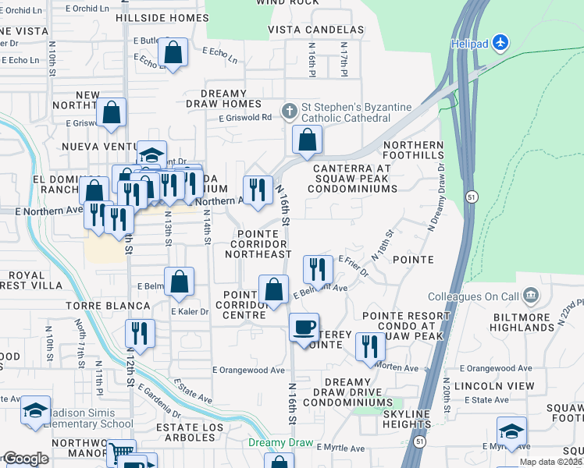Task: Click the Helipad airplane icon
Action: point(500,41)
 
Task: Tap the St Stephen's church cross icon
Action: point(289,110)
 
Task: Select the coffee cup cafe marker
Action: point(304,326)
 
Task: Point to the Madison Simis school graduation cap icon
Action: point(35,410)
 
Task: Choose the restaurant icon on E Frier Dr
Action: point(318,268)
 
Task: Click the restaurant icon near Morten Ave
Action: point(370,346)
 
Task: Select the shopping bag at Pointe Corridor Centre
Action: point(273,289)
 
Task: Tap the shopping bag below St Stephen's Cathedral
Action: point(308,140)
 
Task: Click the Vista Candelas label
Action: point(316,30)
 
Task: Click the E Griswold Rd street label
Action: point(244,118)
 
